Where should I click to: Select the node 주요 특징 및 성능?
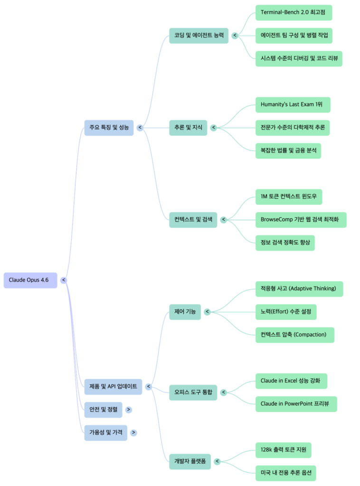pos(109,127)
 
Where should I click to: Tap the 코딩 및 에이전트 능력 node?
pos(199,36)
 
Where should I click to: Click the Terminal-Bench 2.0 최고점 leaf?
pos(294,12)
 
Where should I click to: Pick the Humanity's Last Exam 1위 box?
pos(293,104)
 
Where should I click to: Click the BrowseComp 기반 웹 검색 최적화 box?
pos(301,220)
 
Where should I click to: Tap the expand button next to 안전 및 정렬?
pos(128,410)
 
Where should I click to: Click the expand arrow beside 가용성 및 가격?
pos(133,432)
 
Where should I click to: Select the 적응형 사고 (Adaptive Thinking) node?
pos(299,289)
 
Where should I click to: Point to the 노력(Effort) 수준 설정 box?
pos(285,311)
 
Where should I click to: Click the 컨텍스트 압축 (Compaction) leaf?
pos(294,335)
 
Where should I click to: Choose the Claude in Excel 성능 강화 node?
pos(291,381)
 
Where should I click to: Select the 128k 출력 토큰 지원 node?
pos(283,449)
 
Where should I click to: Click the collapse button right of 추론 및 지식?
pos(214,127)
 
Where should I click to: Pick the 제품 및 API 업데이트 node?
pos(113,386)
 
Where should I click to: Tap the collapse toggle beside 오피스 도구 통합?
pos(224,393)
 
